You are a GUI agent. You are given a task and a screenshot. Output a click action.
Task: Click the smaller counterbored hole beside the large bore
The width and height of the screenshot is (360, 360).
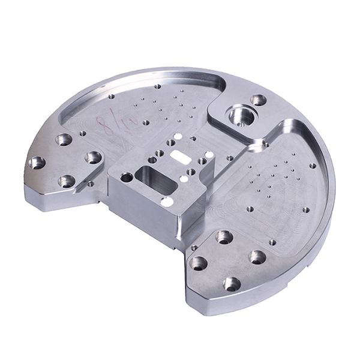pyautogui.click(x=259, y=100)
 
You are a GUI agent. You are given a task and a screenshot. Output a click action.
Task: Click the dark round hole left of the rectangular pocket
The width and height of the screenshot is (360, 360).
pyautogui.click(x=127, y=178)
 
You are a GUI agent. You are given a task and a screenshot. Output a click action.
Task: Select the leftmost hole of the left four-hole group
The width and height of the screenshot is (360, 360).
pyautogui.click(x=37, y=162)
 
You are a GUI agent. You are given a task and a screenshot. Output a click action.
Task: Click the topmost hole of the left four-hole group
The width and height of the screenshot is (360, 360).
pyautogui.click(x=64, y=140)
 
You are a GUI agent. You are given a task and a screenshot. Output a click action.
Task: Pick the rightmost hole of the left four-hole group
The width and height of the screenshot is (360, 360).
pyautogui.click(x=93, y=157)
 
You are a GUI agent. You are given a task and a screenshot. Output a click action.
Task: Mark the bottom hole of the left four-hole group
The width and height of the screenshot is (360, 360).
pyautogui.click(x=67, y=180)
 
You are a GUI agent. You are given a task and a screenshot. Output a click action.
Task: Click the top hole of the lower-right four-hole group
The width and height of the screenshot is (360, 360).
pyautogui.click(x=224, y=236)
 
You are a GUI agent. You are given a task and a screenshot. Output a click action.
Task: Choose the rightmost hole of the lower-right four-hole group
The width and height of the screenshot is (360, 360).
pyautogui.click(x=257, y=258)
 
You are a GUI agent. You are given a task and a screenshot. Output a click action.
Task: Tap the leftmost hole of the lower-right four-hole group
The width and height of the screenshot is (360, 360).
pyautogui.click(x=199, y=263)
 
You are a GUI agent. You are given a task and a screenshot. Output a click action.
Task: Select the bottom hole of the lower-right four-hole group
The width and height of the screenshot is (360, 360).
pyautogui.click(x=232, y=284)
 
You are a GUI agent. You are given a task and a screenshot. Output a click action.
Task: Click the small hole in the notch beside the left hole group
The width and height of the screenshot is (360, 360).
pyautogui.click(x=90, y=184)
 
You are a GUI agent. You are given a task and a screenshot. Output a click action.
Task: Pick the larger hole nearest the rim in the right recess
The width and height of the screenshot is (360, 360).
pyautogui.click(x=313, y=166)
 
